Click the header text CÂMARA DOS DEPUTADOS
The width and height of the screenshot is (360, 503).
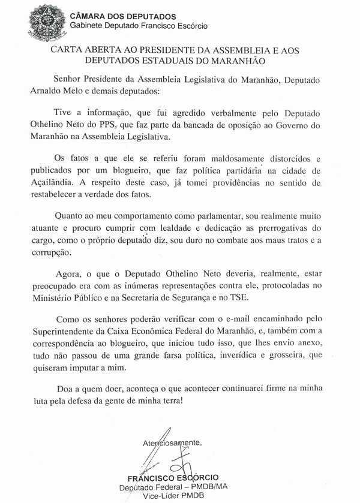(114, 16)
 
